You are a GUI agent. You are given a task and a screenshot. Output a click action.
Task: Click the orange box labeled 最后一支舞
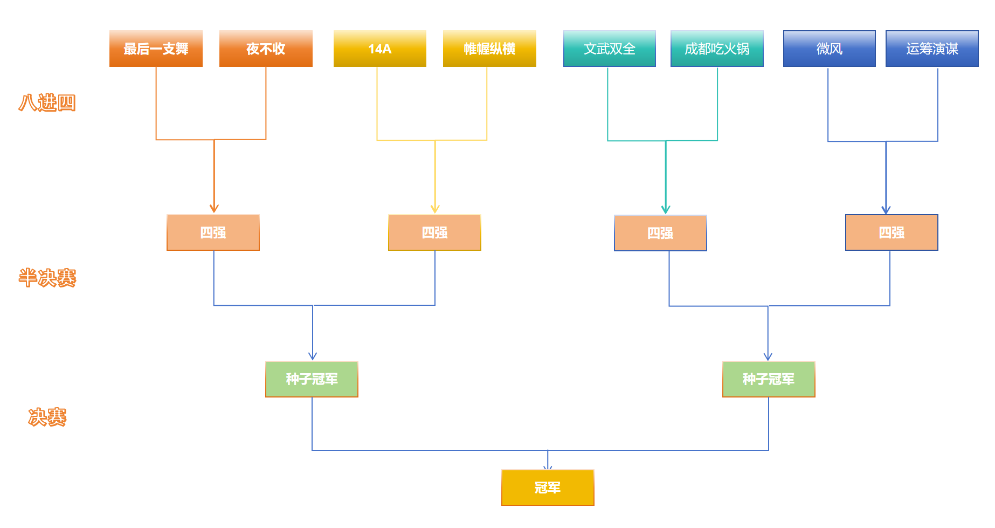pos(156,49)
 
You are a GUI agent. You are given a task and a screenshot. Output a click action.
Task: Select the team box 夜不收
pos(266,49)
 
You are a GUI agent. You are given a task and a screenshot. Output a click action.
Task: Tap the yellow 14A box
pos(379,49)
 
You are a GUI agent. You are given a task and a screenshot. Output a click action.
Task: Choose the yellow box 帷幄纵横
pos(489,49)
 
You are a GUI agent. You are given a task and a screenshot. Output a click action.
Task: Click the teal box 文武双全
pos(609,49)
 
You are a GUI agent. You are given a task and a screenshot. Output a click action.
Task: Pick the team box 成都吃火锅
pos(717,49)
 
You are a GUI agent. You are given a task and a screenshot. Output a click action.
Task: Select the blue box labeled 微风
pos(829,49)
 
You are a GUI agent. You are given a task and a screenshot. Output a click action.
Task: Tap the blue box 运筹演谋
pos(932,49)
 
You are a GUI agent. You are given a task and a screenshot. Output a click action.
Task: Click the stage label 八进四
pos(47,102)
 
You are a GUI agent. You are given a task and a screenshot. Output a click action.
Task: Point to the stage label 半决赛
pos(47,278)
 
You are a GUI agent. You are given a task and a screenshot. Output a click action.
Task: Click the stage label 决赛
pos(47,417)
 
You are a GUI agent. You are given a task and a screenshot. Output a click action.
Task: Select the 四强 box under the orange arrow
pos(213,232)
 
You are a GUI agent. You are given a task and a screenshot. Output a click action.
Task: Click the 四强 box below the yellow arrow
pos(434,232)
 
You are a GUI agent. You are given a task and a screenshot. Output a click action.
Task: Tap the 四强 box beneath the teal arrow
pos(660,233)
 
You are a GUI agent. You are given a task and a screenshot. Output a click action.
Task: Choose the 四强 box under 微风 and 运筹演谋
pos(892,232)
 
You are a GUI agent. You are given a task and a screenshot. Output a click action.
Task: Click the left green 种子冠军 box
pos(312,379)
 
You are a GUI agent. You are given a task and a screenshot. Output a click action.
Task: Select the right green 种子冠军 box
pos(769,379)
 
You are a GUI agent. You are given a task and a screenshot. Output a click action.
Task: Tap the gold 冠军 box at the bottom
pos(548,488)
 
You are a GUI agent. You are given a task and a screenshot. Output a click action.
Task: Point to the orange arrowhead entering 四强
pos(214,209)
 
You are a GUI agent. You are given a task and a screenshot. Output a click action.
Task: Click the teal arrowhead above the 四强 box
pos(666,209)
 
